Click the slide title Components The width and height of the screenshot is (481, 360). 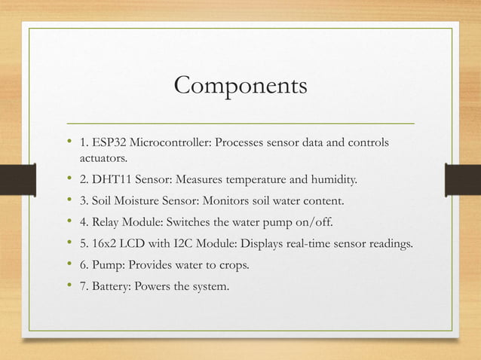(240, 86)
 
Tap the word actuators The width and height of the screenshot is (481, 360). (103, 159)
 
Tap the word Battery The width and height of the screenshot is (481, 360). (110, 285)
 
